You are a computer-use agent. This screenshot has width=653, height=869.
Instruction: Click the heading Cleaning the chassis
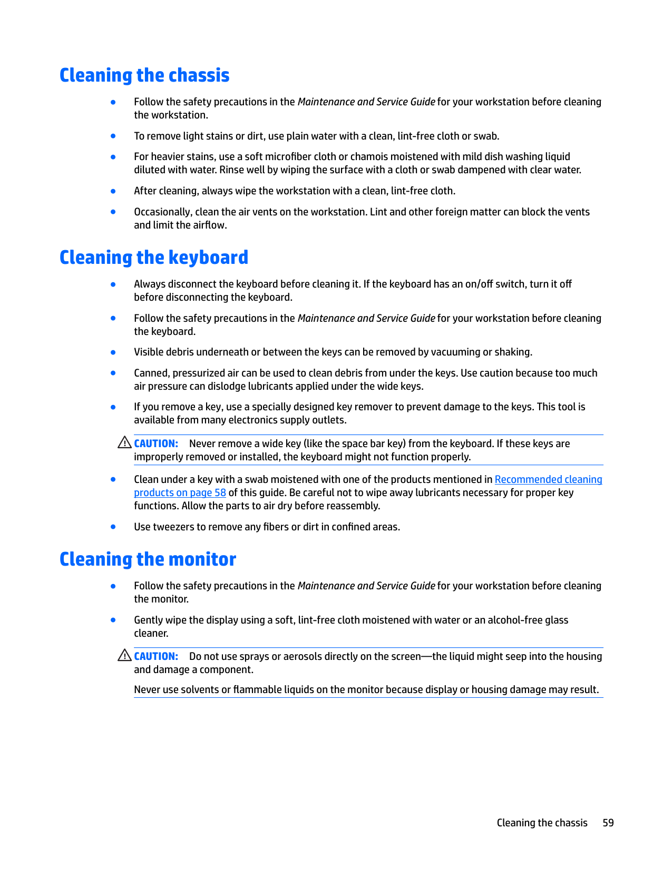coord(144,75)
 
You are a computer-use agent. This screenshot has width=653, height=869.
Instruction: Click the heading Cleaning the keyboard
coord(153,258)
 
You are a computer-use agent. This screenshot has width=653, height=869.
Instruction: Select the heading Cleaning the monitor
coord(148,559)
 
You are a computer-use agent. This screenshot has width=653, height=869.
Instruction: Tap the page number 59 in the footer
coord(608,823)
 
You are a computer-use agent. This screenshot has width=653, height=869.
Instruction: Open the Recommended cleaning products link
coord(548,479)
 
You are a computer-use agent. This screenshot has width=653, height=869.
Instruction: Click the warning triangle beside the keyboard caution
coord(124,442)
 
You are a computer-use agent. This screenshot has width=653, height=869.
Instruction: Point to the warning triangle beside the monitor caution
coord(124,655)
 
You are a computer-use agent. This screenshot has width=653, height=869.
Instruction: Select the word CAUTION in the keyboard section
coord(156,443)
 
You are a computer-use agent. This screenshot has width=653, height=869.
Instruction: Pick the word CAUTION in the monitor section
coord(156,656)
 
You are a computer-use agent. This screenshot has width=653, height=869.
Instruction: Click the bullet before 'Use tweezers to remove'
coord(113,526)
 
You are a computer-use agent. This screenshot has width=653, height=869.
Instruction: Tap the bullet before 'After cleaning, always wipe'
coord(113,191)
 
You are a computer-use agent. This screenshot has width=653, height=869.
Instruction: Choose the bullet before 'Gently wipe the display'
coord(113,620)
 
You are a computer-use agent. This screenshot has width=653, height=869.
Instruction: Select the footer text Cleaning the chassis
coord(542,823)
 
